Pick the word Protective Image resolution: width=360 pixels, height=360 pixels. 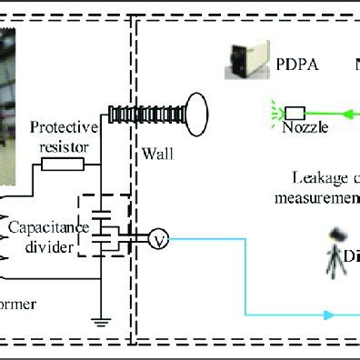[57, 126]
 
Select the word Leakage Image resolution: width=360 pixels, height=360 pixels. [314, 178]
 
